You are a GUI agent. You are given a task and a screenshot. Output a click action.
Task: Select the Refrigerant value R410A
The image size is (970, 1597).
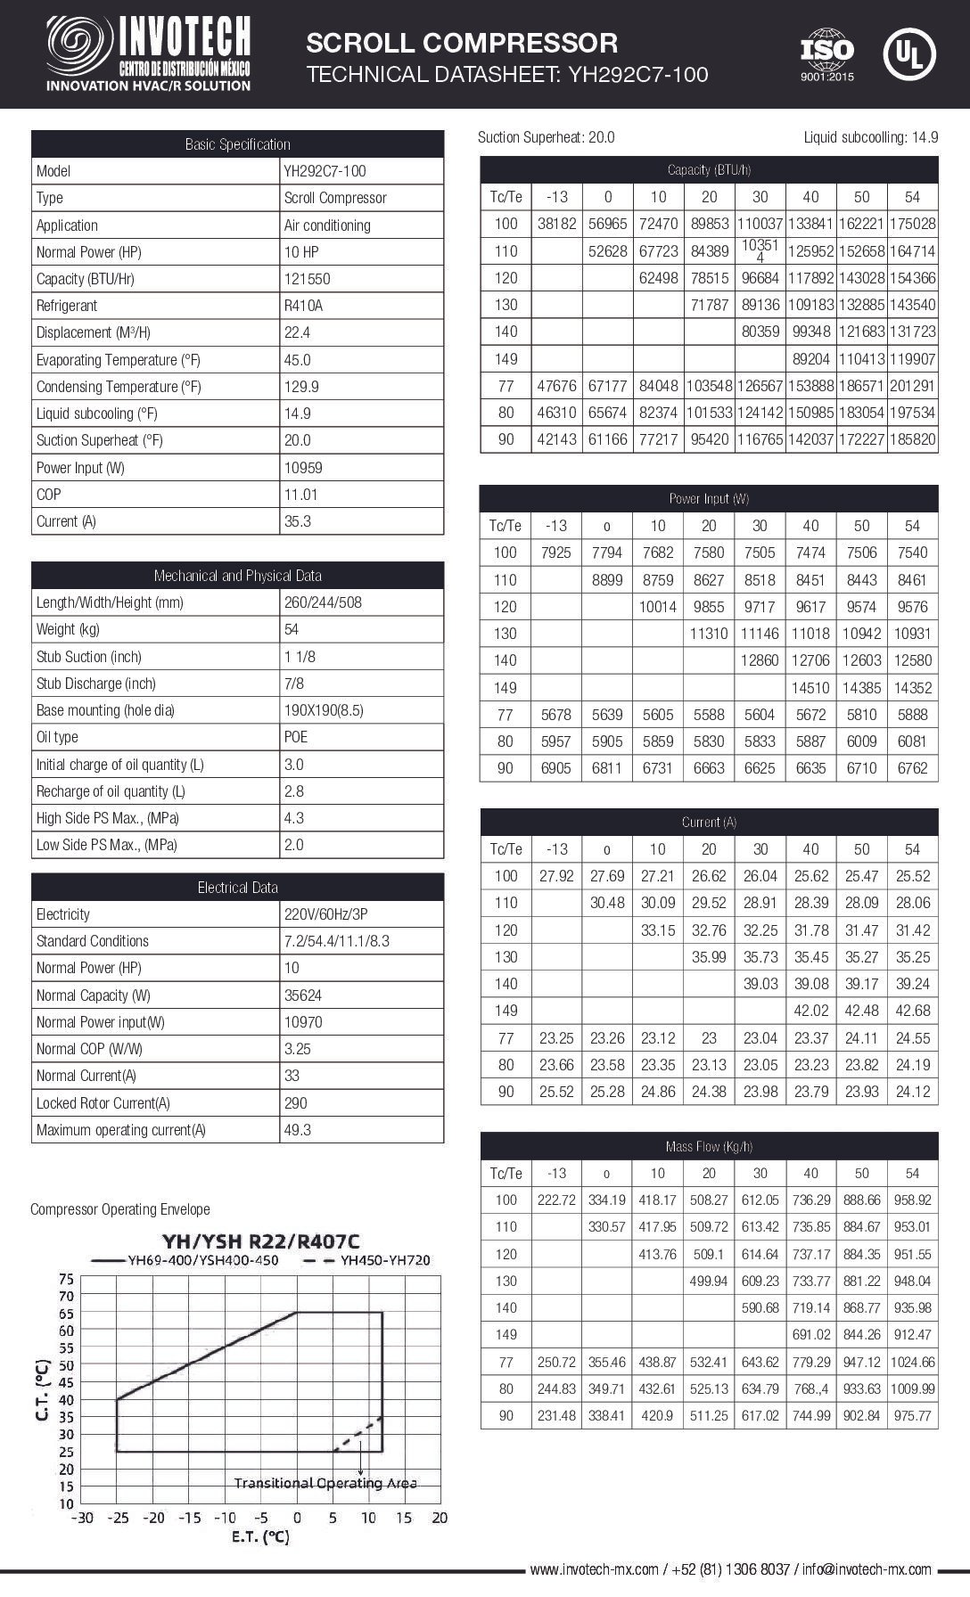[303, 306]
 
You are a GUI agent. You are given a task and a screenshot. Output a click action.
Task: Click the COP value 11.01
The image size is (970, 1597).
[300, 495]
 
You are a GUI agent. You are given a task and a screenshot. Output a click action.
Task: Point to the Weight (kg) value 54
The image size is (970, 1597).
[292, 629]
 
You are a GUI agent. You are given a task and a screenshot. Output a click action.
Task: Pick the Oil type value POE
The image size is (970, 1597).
[296, 737]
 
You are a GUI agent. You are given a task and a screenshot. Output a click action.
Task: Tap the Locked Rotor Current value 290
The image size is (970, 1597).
[295, 1103]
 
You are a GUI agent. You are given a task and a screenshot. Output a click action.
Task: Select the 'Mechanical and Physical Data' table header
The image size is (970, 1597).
[237, 576]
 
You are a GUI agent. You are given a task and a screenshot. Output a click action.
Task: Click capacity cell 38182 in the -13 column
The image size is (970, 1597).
[556, 224]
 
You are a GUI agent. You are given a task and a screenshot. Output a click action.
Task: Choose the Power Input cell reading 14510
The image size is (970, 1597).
[810, 688]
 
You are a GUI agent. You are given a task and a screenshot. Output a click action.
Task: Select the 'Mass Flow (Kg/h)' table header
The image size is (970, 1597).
[709, 1147]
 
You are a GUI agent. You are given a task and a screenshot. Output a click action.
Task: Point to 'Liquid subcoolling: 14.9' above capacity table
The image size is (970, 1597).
[870, 137]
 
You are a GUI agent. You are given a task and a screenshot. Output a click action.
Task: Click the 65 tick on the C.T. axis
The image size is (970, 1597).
[66, 1313]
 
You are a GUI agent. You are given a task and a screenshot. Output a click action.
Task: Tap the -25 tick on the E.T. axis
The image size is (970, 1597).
[118, 1518]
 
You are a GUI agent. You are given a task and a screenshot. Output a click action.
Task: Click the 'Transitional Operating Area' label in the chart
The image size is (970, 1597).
[325, 1483]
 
